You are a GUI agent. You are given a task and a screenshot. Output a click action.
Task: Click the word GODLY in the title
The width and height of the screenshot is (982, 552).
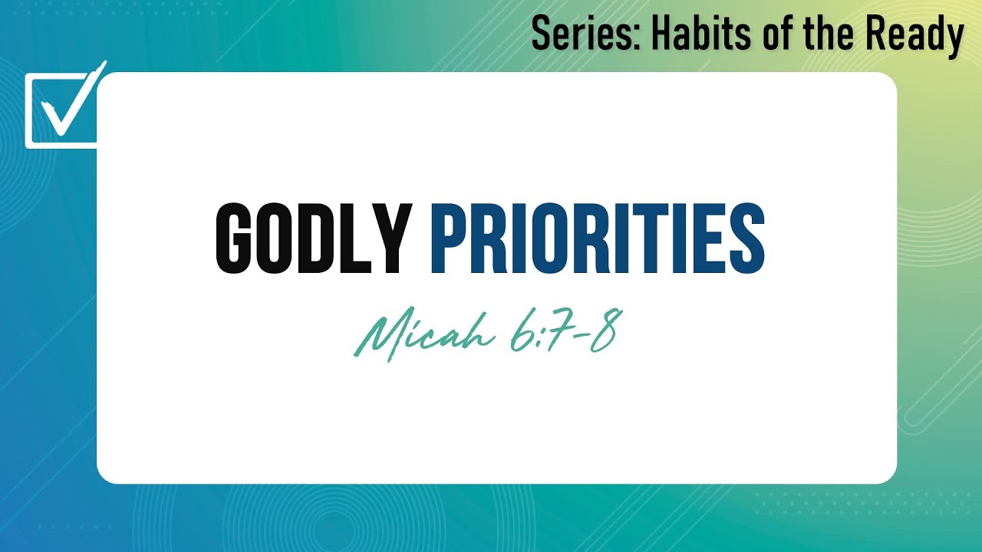[313, 238]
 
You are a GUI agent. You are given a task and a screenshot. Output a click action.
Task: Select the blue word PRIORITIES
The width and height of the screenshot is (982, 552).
[597, 238]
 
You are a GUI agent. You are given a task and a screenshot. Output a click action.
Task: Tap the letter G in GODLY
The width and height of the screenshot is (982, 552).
[234, 238]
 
